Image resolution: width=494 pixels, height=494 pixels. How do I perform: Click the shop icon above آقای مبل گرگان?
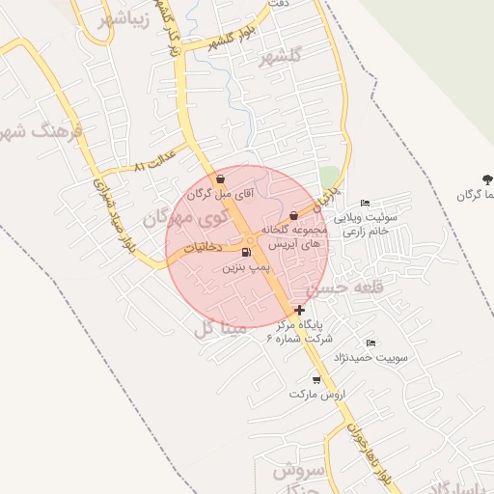221,178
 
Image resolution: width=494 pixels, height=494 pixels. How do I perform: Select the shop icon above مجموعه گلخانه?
293,215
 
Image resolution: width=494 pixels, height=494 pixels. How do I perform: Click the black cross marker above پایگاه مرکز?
300,311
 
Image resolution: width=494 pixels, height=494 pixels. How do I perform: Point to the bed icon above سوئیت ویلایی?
364,203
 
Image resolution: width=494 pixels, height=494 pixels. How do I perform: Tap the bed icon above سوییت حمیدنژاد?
371,343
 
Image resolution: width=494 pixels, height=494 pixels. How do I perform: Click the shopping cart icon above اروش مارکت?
316,380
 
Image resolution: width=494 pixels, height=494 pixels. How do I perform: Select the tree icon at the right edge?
487,179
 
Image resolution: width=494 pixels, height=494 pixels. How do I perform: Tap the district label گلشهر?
281,57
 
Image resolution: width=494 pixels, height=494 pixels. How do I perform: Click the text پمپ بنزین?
244,266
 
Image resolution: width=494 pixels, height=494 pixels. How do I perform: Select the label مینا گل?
220,328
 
